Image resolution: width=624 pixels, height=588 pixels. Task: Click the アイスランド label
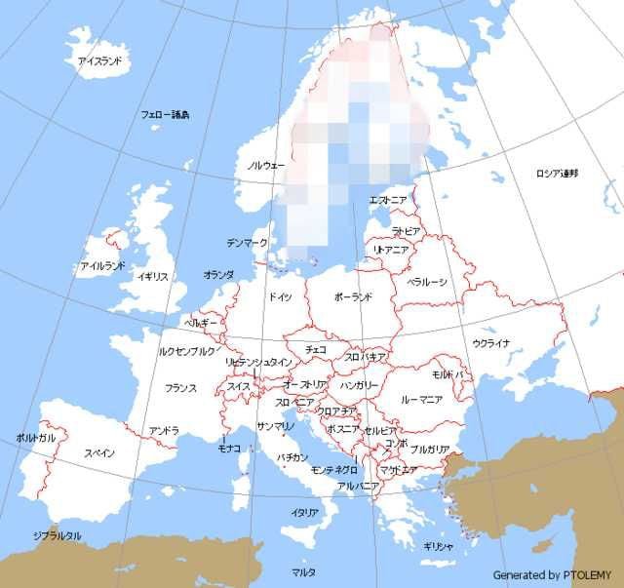click(99, 60)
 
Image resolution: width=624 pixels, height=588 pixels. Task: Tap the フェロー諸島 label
click(165, 114)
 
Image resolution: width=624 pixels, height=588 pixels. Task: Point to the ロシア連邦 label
click(556, 174)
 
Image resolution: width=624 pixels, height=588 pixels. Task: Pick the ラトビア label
click(406, 231)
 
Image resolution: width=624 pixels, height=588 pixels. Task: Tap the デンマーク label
click(246, 242)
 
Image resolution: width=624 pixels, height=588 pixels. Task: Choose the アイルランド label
click(102, 265)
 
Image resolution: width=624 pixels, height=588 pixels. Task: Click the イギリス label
click(153, 276)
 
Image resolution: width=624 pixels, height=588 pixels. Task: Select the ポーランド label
click(353, 295)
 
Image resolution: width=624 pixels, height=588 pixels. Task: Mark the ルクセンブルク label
click(187, 350)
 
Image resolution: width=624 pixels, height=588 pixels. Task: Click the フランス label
click(180, 388)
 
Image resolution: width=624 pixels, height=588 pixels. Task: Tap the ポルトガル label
click(36, 438)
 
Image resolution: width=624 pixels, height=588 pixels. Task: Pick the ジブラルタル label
click(57, 535)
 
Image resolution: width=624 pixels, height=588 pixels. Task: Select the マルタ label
click(303, 570)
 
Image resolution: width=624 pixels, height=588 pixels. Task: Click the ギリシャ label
click(438, 546)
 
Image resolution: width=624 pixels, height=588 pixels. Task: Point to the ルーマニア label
click(422, 399)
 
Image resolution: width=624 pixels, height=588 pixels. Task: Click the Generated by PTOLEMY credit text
click(552, 574)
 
